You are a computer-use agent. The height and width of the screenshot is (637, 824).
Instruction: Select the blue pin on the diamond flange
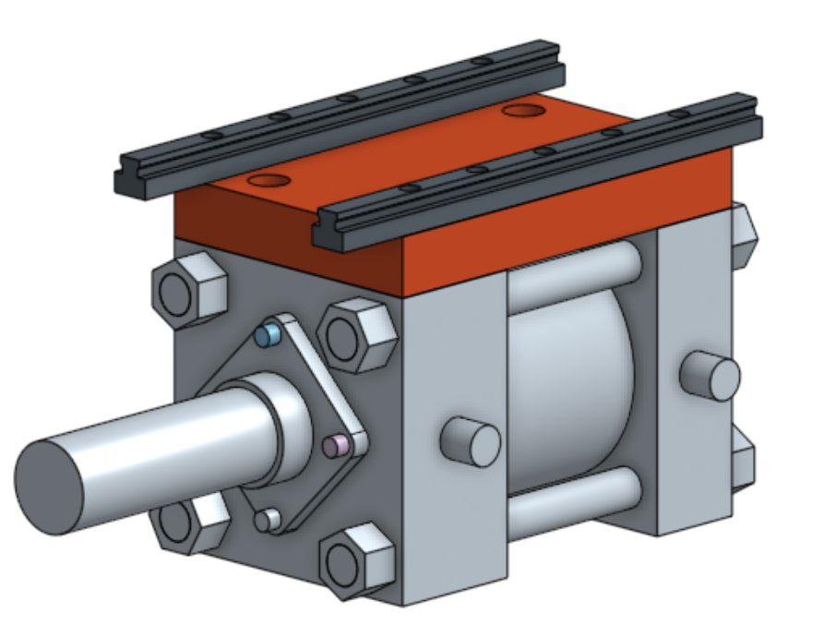point(268,335)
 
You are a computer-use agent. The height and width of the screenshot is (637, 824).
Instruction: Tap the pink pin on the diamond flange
point(335,446)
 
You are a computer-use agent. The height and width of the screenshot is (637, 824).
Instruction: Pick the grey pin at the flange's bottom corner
point(267,520)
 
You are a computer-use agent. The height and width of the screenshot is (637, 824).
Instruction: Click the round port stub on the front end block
point(471,441)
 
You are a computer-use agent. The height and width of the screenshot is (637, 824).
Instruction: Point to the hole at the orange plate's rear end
point(523,111)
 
